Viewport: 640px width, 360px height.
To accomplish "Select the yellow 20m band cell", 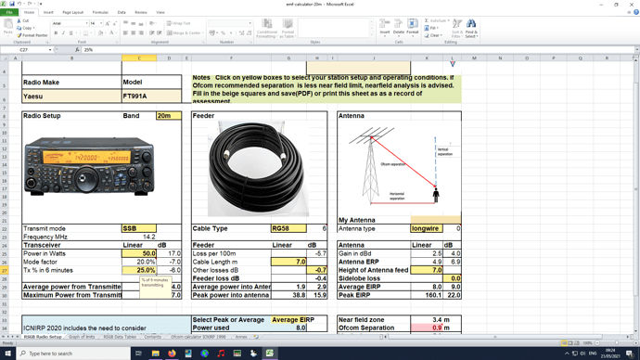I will click(x=168, y=116).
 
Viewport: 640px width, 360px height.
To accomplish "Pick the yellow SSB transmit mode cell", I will click(x=139, y=228).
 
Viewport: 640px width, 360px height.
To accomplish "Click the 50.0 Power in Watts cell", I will click(x=141, y=252).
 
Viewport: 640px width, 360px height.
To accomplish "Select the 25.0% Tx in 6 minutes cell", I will click(x=141, y=270).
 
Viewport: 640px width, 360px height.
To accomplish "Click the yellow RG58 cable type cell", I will click(x=288, y=228).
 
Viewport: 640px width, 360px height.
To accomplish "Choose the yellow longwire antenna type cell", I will click(x=427, y=228).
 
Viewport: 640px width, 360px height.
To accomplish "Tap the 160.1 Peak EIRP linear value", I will click(x=427, y=295).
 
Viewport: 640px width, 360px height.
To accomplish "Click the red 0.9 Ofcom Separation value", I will click(x=435, y=328).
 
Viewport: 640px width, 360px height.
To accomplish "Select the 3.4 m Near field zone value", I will click(x=441, y=319).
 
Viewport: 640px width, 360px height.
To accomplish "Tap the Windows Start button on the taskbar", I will click(x=7, y=354).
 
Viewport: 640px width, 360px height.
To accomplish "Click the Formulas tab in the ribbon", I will click(x=100, y=12).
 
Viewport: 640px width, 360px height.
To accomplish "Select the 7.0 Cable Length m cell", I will click(x=288, y=262).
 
